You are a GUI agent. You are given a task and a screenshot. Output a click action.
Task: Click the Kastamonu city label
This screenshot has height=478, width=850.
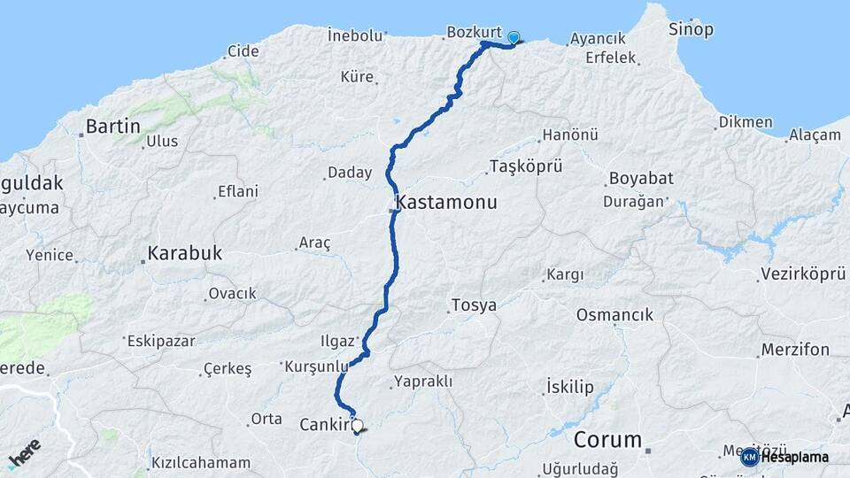(447, 203)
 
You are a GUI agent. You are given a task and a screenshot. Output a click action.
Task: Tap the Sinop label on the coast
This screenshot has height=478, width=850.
(692, 30)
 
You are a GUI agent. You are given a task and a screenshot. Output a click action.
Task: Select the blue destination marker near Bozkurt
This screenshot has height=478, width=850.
(514, 38)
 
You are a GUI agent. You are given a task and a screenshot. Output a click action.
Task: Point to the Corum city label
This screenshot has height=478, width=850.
(607, 440)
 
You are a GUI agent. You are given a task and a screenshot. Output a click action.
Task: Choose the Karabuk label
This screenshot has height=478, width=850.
(185, 253)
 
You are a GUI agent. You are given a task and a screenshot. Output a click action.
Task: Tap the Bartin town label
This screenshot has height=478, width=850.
(113, 127)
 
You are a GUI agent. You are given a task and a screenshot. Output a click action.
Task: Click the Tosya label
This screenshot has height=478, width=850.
(474, 306)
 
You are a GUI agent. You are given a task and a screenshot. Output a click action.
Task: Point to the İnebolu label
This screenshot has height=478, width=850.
(355, 36)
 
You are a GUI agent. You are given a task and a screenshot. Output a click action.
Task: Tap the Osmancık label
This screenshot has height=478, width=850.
(614, 315)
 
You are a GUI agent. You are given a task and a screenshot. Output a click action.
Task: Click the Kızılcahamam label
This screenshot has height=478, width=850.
(201, 463)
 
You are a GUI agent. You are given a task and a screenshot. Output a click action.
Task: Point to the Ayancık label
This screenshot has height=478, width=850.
(599, 40)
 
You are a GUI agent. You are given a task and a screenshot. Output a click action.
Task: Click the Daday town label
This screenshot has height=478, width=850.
(350, 173)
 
